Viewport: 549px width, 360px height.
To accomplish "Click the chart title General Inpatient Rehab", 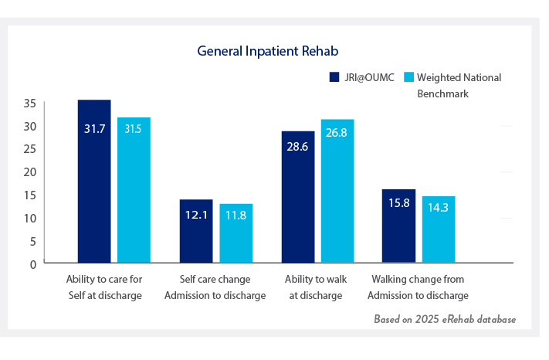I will pyautogui.click(x=269, y=51).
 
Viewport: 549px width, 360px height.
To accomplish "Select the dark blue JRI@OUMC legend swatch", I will pyautogui.click(x=334, y=77).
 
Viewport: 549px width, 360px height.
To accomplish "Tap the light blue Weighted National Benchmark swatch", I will pyautogui.click(x=411, y=77).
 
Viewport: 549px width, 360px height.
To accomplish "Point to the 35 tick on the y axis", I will pyautogui.click(x=29, y=103).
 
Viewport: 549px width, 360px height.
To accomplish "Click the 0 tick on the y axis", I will pyautogui.click(x=32, y=263).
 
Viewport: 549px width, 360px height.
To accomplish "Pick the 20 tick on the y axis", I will pyautogui.click(x=29, y=172).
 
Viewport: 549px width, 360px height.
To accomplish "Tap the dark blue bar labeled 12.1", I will pyautogui.click(x=196, y=231).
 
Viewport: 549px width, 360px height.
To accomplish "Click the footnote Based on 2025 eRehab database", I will pyautogui.click(x=445, y=318).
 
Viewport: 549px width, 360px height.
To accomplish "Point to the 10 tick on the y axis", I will pyautogui.click(x=29, y=218).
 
